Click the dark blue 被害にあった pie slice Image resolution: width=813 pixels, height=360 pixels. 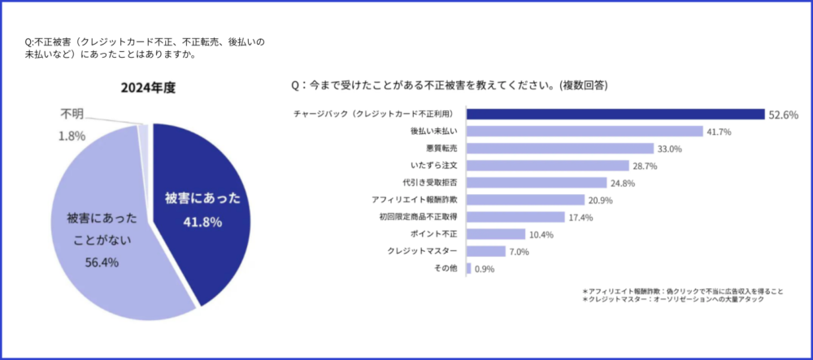tap(203, 203)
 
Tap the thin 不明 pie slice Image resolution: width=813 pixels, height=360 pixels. tap(144, 138)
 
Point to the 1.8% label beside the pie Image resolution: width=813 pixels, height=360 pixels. tap(72, 136)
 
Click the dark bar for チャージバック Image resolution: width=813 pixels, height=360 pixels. tap(615, 114)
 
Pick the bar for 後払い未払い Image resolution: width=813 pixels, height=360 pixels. tap(585, 131)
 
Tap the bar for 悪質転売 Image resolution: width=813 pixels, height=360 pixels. tap(560, 148)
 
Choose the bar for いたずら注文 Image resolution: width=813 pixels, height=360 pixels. tap(548, 166)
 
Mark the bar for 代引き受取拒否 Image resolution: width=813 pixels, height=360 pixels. tap(537, 183)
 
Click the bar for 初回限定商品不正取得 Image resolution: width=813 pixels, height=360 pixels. tap(515, 217)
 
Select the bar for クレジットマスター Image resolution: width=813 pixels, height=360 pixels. tap(486, 251)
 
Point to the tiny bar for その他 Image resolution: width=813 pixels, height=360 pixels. tap(469, 269)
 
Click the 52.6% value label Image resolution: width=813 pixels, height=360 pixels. tap(784, 115)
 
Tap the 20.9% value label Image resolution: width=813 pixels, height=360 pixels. tap(600, 200)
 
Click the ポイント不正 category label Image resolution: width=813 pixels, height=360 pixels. tap(436, 234)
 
